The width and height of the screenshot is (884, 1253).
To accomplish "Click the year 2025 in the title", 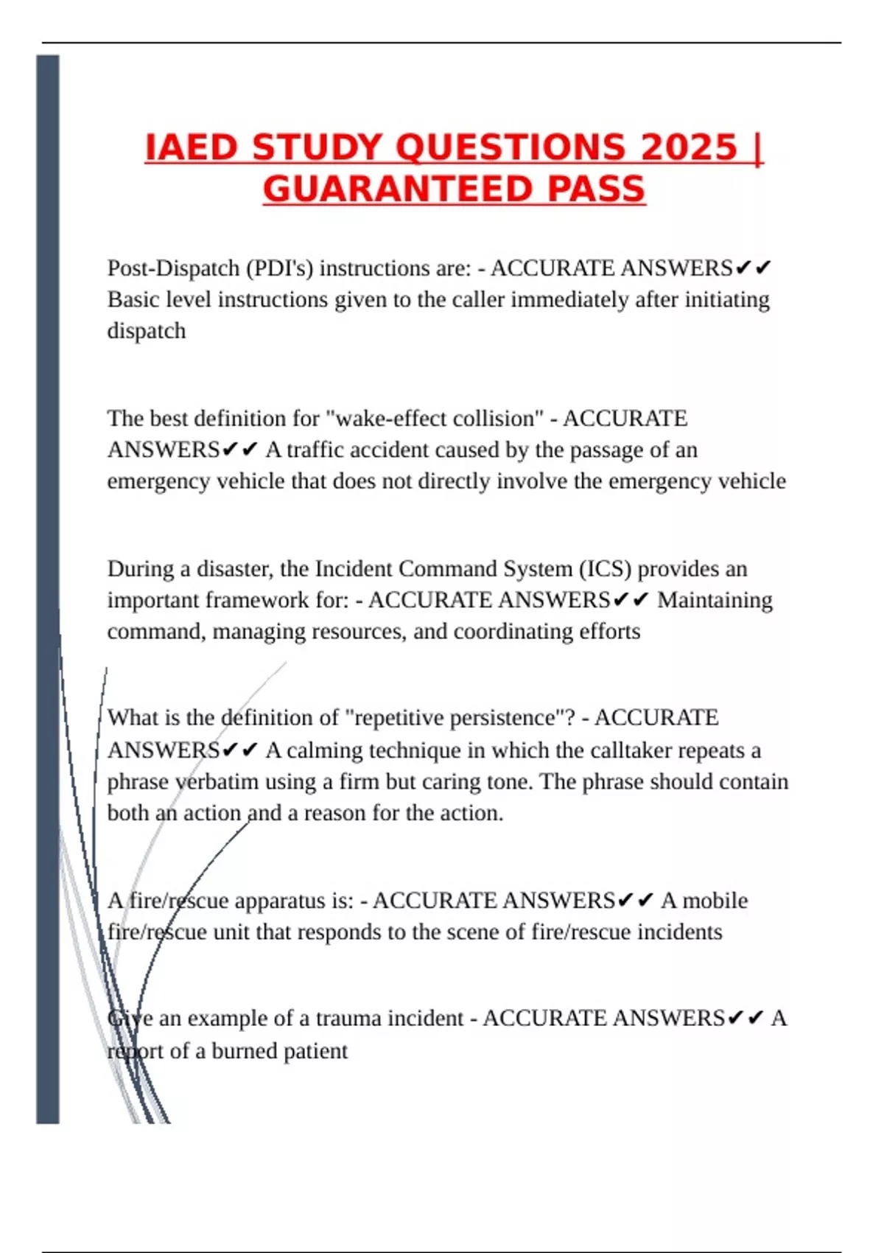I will click(689, 147).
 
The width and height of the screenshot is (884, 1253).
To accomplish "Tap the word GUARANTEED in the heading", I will click(395, 189).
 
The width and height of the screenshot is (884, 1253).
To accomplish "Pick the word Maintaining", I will click(715, 601).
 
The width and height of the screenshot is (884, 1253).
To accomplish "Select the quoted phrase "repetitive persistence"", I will click(460, 718).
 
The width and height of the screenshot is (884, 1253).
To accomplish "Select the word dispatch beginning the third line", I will click(147, 331).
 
